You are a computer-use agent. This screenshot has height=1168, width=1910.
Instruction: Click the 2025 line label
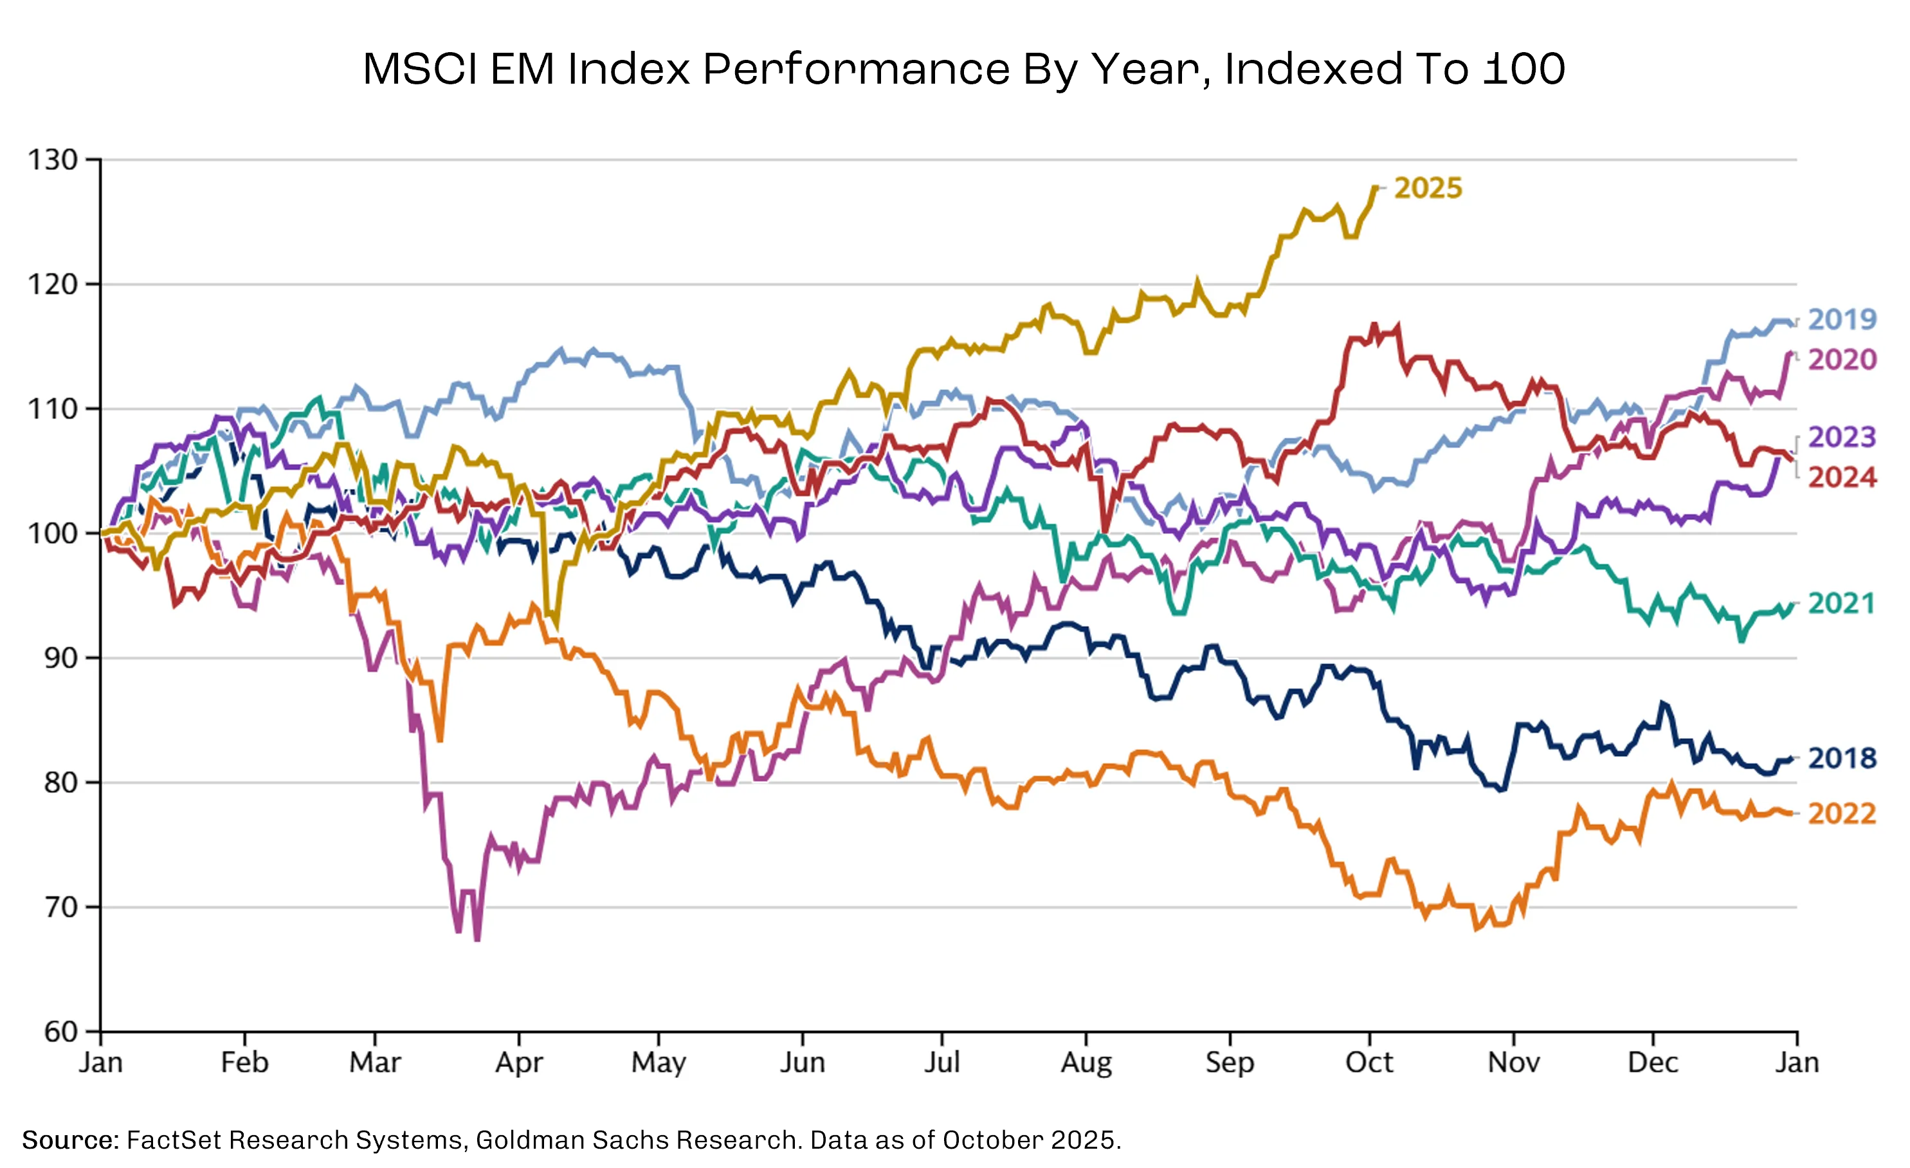[x=1428, y=188]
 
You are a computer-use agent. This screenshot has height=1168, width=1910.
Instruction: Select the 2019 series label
[x=1842, y=319]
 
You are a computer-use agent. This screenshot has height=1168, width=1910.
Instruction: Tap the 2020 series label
[x=1842, y=359]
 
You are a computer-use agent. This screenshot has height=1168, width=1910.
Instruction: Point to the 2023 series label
[x=1842, y=437]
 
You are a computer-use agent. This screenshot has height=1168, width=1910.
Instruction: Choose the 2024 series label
[x=1842, y=477]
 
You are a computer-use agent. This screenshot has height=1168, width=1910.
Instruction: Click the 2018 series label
[x=1842, y=757]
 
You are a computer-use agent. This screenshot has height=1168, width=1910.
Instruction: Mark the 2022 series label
[x=1842, y=813]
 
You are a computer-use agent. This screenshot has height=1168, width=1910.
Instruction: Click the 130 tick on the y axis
[x=53, y=160]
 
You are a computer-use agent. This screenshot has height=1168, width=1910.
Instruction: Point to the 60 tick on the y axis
[x=60, y=1032]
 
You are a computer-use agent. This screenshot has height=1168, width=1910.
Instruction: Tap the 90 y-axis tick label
[x=60, y=658]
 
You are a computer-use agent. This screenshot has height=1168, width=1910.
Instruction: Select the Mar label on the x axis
[x=375, y=1062]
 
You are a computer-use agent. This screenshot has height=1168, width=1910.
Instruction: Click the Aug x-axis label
[x=1086, y=1063]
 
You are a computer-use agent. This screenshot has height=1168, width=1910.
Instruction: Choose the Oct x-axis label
[x=1369, y=1062]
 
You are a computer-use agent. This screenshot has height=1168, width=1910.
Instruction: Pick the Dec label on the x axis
[x=1653, y=1062]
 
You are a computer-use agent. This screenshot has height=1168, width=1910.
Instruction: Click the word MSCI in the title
[x=420, y=68]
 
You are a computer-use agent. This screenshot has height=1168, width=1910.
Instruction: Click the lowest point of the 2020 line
[x=477, y=940]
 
